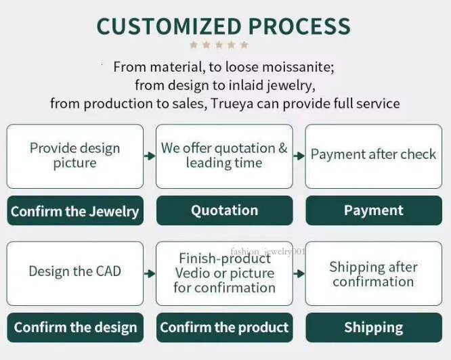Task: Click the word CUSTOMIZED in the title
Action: pos(169,26)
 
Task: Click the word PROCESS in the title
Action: pos(299,26)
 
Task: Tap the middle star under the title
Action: pos(219,45)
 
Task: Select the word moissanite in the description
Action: pos(298,67)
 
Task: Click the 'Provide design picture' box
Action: pos(74,156)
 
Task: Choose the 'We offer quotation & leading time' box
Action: pos(224,156)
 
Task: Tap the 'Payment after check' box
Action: pos(374,156)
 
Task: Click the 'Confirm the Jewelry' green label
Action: pos(75,210)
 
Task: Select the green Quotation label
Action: pos(225,210)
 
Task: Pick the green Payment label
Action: pos(374,210)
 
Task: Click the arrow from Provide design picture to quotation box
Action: pos(150,156)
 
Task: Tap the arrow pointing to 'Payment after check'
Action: pos(299,156)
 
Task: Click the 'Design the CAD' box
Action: pos(74,273)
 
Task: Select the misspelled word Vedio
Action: pos(191,273)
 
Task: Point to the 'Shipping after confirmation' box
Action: pos(374,273)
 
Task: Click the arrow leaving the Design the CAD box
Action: pos(150,273)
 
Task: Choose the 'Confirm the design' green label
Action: pos(75,328)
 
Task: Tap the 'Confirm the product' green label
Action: pos(225,328)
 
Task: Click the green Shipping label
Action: pos(374,328)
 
